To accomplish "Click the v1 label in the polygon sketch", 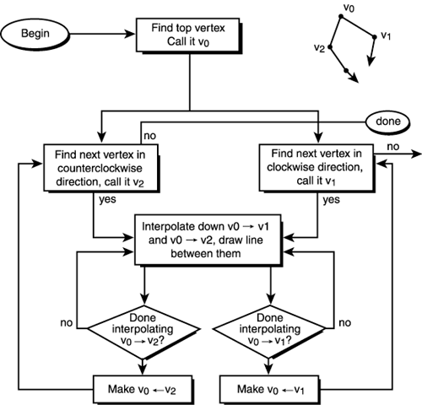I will (x=386, y=36).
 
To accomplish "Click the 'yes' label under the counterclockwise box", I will (x=108, y=200).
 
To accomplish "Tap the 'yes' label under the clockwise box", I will (x=332, y=200).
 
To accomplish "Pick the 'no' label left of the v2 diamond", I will (x=65, y=321).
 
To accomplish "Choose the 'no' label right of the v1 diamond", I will (x=345, y=321).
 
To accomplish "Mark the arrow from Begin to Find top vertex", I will (x=111, y=36).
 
